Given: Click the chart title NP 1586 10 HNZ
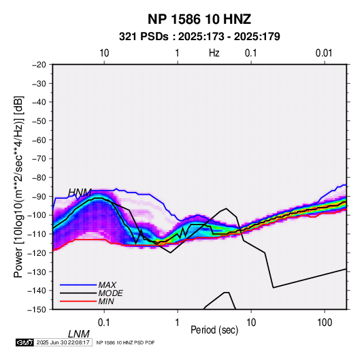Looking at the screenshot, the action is point(199,19).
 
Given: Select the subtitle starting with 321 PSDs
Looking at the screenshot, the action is point(199,37).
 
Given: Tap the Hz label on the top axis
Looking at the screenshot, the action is point(214,53).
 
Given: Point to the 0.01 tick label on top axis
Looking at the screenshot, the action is point(324,53).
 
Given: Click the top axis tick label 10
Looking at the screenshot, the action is point(104,53).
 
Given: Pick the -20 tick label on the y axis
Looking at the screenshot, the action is point(39,65).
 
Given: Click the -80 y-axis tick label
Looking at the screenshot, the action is point(39,178).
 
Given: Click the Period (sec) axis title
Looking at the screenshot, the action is point(214,330).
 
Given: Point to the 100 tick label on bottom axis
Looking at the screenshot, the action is point(325,323).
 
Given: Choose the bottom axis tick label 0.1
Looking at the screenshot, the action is point(104,323).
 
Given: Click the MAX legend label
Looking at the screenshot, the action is point(107,285).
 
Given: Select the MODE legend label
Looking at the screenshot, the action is point(110,293).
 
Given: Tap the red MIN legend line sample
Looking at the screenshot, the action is point(78,301).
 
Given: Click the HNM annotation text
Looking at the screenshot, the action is point(80,193).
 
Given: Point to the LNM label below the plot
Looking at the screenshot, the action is point(79,334).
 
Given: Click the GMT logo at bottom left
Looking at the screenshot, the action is point(25,342).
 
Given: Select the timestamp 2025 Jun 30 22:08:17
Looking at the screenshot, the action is point(63,342).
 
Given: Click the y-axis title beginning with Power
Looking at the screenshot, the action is point(18,186).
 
